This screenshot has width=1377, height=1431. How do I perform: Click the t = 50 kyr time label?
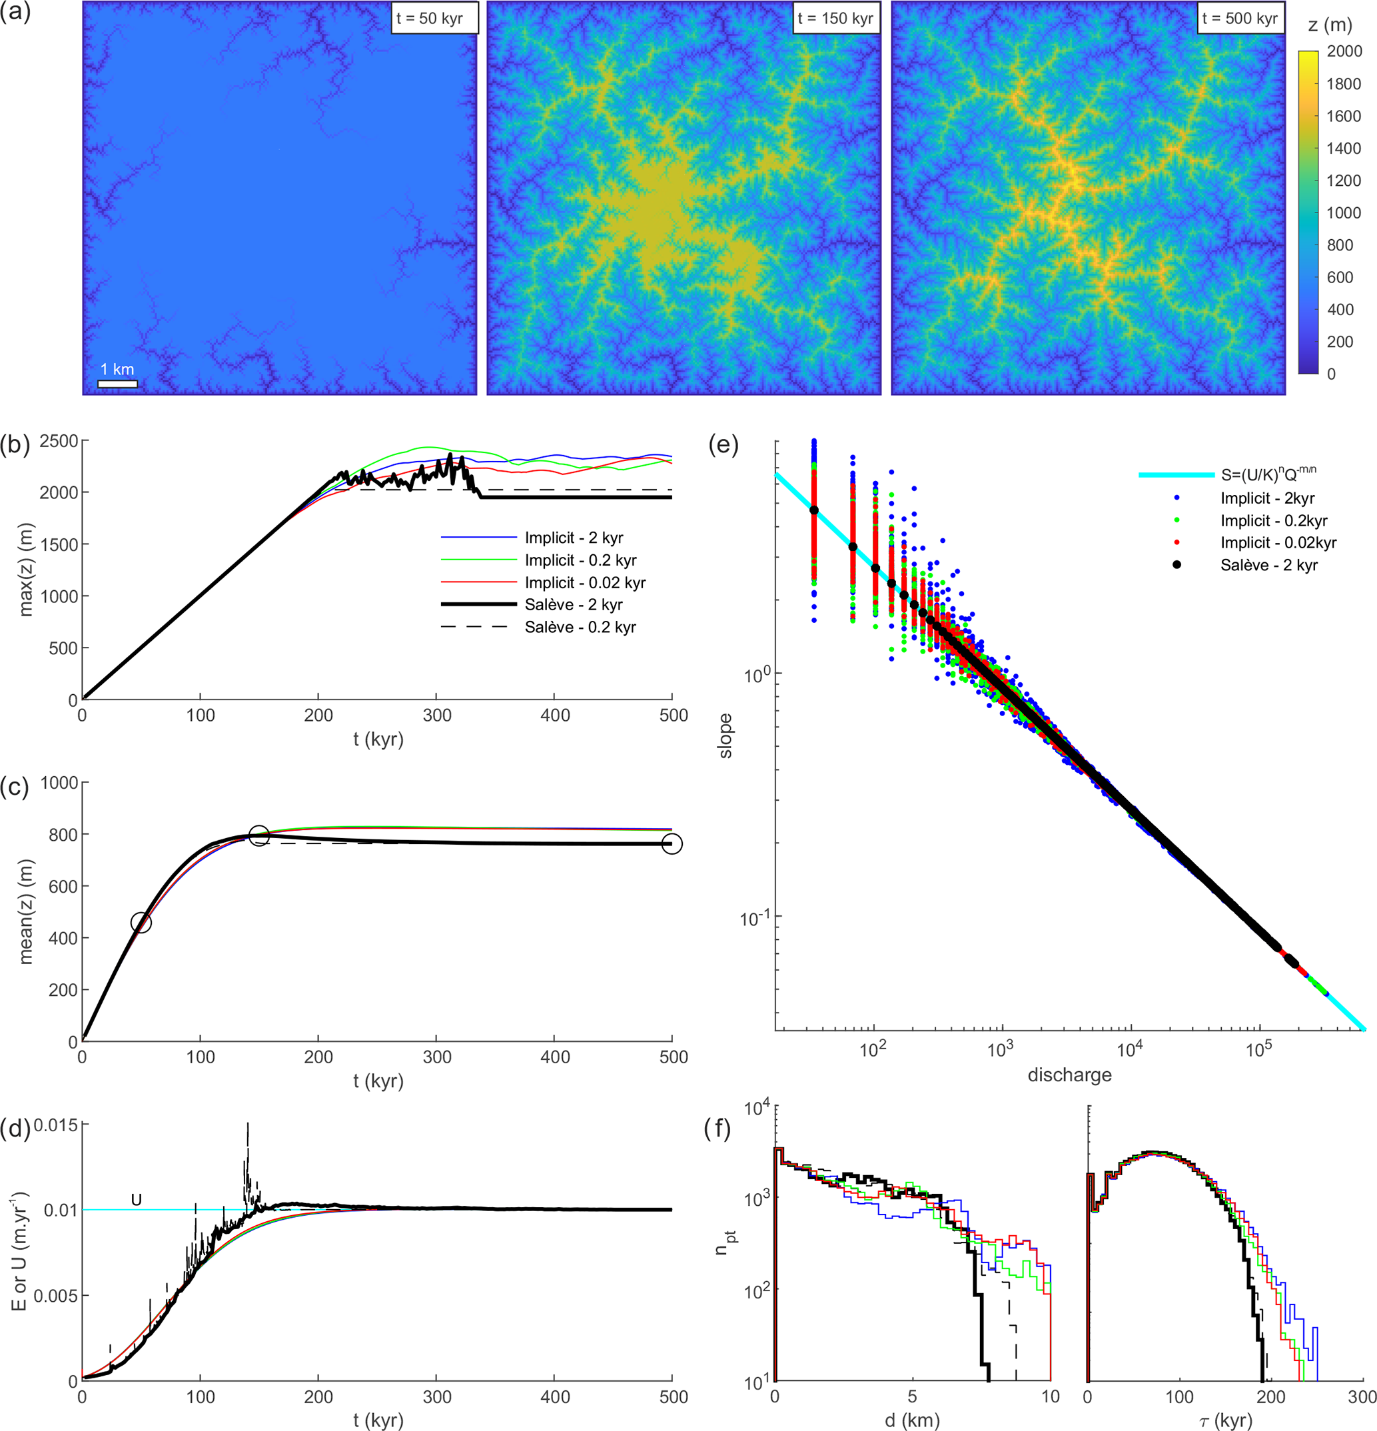point(434,18)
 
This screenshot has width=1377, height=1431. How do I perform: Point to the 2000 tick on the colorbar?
point(1344,51)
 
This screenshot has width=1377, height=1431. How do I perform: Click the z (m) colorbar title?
point(1330,25)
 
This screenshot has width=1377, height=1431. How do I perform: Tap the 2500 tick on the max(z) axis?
point(59,441)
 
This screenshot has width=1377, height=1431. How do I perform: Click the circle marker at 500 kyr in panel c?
point(672,844)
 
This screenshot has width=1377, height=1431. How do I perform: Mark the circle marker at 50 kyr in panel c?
point(141,923)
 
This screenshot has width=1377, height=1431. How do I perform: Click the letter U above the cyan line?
point(136,1200)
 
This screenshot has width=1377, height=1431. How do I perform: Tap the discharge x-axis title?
point(1069,1075)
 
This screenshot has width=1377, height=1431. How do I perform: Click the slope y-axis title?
point(725,735)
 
